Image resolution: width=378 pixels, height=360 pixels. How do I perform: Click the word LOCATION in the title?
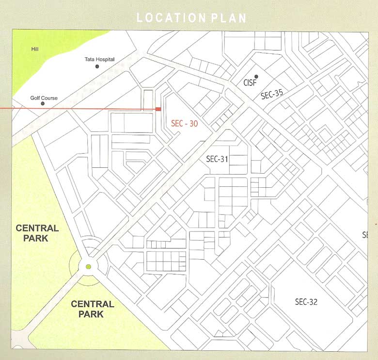point(172,18)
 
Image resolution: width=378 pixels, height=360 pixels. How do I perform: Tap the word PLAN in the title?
point(229,18)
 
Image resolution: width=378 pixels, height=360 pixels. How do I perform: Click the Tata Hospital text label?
point(99,59)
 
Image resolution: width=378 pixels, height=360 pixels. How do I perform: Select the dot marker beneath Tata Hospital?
point(97,66)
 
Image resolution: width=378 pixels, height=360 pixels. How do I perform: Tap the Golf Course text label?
point(44,98)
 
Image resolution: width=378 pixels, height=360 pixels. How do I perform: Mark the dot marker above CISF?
point(256,77)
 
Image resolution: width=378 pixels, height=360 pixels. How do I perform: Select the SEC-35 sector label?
point(271,94)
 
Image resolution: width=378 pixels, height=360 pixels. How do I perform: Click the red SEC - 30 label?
point(185,124)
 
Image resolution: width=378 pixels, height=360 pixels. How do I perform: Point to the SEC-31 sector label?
point(217,159)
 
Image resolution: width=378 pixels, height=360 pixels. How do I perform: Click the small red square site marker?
point(158,109)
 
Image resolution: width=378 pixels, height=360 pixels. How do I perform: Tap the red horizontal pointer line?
point(73,109)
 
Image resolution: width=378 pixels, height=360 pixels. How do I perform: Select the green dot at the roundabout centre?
point(88,266)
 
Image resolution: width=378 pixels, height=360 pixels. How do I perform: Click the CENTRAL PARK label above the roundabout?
point(37,233)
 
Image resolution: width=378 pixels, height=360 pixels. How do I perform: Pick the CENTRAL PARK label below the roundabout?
point(93,309)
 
